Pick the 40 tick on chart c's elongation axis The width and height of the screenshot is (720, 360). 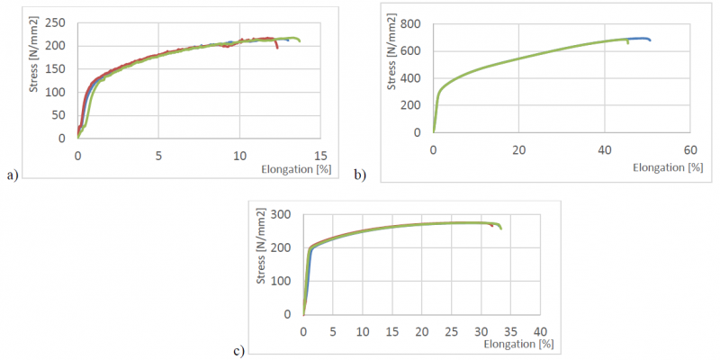click(x=540, y=331)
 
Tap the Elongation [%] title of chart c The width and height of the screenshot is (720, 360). click(x=518, y=344)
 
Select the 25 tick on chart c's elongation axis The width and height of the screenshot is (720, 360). click(x=451, y=331)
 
